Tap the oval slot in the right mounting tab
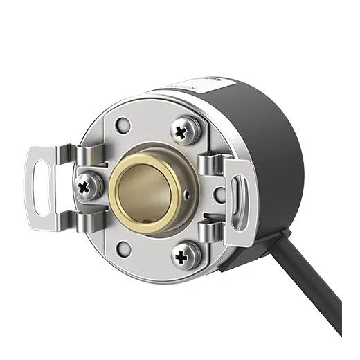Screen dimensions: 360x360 click(x=237, y=201)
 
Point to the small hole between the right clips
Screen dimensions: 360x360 click(x=219, y=197)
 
